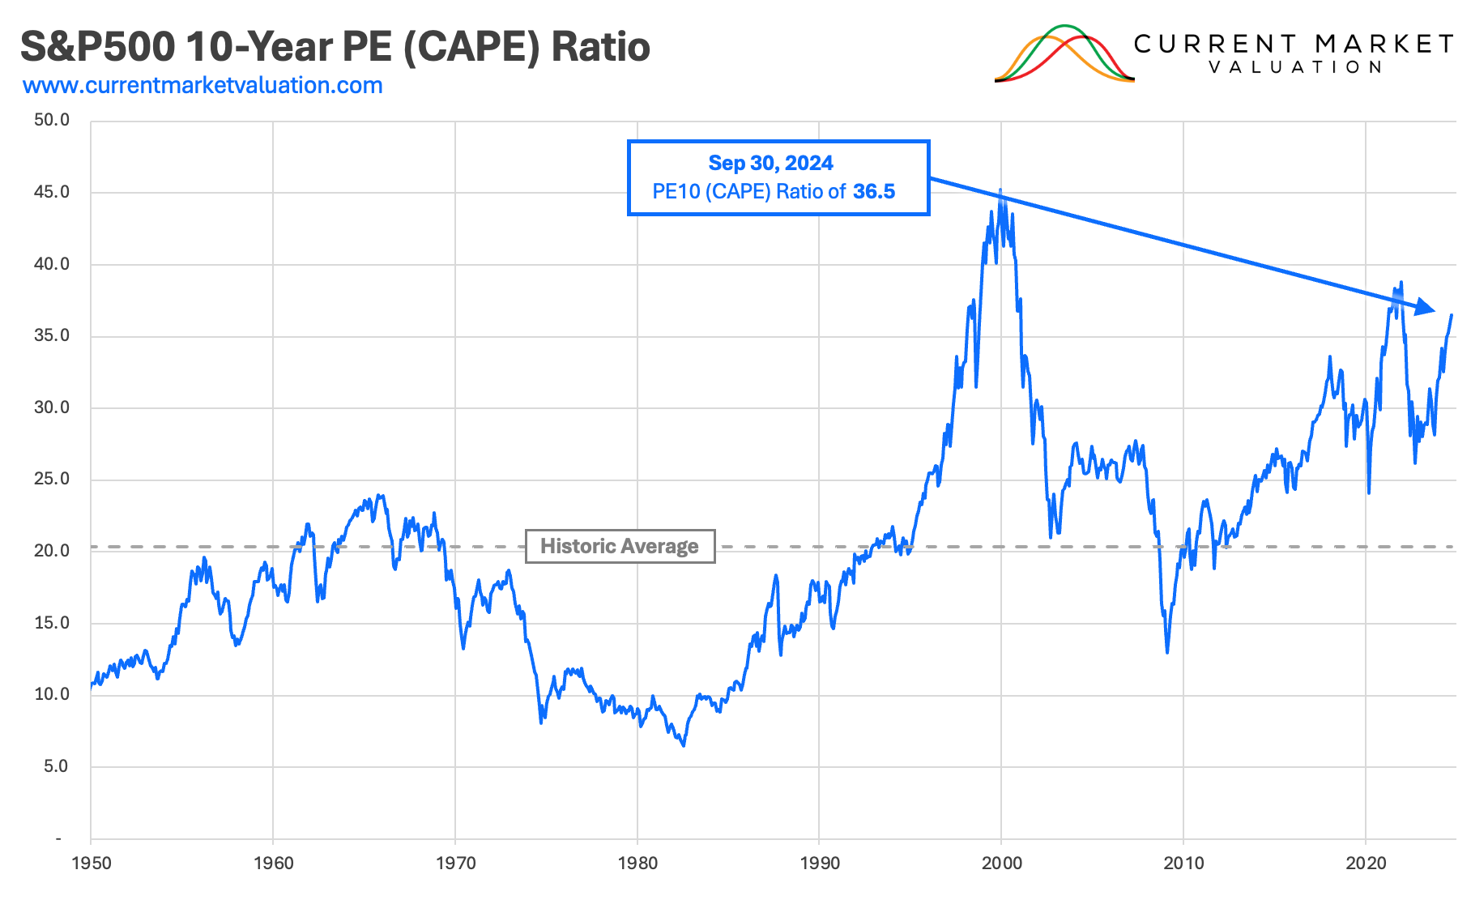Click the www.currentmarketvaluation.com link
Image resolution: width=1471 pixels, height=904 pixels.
203,86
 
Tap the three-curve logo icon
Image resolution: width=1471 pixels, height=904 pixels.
1064,55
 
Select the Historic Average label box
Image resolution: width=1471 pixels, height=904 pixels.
620,546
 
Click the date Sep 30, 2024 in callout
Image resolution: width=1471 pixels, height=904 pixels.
770,163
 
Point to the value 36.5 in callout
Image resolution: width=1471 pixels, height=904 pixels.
873,192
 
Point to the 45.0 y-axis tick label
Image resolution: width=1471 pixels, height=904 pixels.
52,192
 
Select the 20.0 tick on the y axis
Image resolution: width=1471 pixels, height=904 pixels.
52,551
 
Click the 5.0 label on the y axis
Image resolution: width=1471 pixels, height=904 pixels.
56,766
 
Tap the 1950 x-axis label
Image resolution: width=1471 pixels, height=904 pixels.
91,863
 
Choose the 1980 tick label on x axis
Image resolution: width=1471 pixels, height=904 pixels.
637,863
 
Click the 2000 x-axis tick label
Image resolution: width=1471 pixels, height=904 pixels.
1002,863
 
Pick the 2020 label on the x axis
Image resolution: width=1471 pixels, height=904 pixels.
1366,863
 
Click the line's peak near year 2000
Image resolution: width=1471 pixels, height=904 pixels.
1000,190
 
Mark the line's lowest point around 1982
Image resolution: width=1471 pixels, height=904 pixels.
684,744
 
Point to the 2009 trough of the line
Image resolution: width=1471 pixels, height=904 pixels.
1167,652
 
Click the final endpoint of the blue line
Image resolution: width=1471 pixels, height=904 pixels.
1452,315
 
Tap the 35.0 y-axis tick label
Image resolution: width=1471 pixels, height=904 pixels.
52,335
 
